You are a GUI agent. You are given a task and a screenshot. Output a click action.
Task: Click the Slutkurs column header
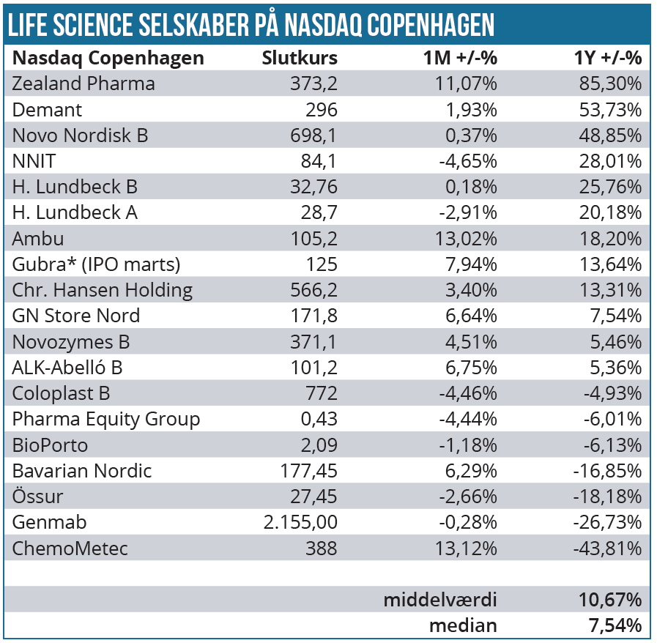coord(300,58)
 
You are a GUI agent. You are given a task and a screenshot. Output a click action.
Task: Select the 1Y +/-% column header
coord(607,58)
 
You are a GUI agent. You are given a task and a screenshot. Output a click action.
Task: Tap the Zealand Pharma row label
coord(83,83)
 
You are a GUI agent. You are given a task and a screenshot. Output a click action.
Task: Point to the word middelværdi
coord(440,600)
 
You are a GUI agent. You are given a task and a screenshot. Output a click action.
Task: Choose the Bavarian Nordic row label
coord(82,471)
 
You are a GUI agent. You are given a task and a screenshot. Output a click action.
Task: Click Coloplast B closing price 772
coord(322,393)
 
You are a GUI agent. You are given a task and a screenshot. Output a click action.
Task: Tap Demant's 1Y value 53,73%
coord(610,110)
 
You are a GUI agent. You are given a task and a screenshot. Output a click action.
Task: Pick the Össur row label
coord(37,497)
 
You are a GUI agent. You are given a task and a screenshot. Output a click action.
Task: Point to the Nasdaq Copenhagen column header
coord(108,58)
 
